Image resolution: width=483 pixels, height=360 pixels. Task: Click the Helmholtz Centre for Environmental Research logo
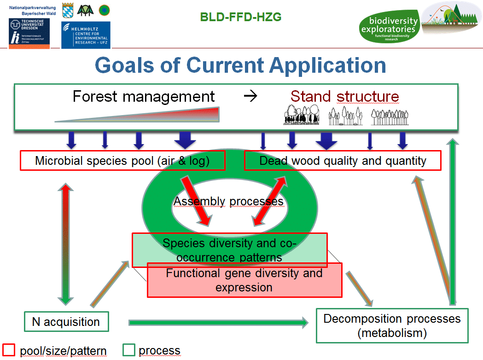86,35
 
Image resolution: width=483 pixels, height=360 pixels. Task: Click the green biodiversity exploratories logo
390,27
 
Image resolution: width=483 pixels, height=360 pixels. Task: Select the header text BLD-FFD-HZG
240,17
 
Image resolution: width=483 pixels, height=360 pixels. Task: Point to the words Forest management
144,96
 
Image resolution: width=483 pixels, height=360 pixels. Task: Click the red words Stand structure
345,96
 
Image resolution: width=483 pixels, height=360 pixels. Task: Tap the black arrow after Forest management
250,96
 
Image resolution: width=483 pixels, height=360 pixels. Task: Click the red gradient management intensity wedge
137,115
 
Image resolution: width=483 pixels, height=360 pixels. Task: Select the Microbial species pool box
122,161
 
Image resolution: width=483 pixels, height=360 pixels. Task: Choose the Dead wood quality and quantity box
343,161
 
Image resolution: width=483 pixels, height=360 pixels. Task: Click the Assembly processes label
228,201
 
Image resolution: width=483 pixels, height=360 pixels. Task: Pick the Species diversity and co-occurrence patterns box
229,250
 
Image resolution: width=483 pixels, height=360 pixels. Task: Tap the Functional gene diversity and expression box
244,280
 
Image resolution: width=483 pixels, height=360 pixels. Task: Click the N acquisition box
67,321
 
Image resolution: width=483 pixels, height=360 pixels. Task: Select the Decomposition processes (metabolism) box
392,325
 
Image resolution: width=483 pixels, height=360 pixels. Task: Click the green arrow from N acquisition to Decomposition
218,322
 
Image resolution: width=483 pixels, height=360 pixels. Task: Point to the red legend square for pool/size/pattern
9,350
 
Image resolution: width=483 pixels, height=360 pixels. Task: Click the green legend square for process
129,350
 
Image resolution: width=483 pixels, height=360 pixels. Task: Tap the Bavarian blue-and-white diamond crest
68,10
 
